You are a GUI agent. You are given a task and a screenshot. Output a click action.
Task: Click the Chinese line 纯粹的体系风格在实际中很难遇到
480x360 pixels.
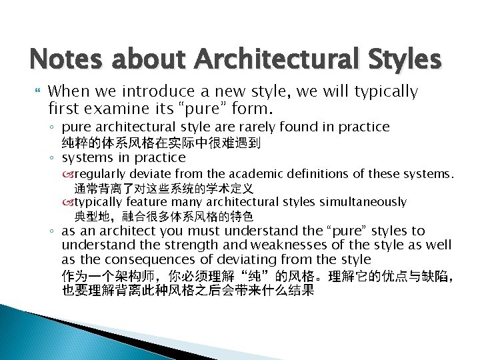coord(161,143)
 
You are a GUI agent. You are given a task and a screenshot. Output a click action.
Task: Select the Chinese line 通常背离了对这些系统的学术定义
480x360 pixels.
coord(164,189)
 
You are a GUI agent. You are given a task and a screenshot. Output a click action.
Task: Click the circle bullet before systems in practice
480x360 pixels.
coord(53,159)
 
